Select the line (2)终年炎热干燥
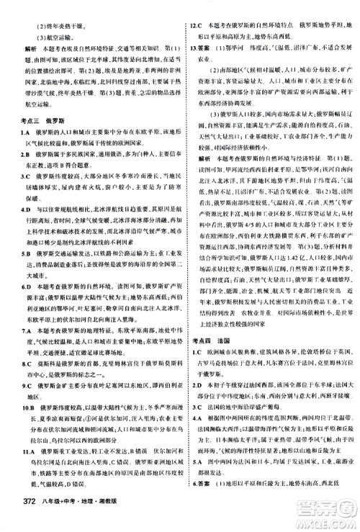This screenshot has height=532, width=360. pyautogui.click(x=53, y=8)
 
